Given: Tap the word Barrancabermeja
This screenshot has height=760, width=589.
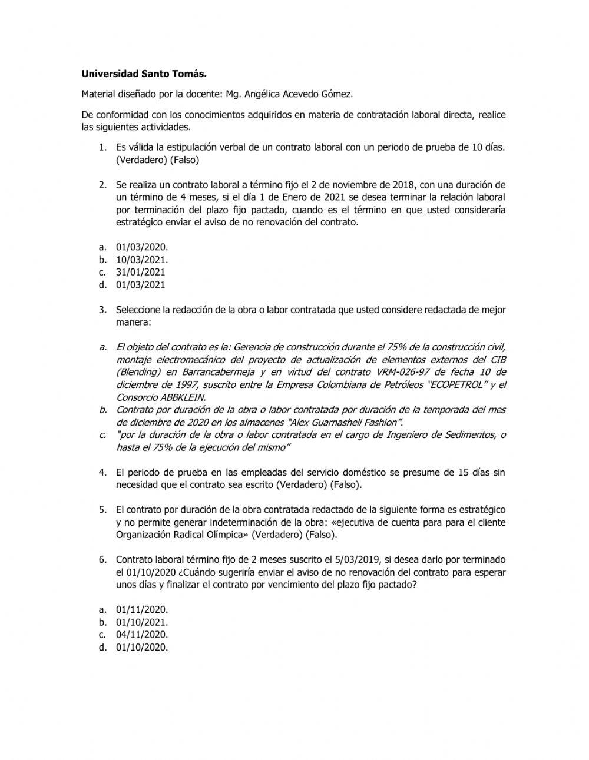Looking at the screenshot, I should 215,372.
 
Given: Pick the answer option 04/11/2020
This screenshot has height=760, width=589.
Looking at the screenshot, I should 141,635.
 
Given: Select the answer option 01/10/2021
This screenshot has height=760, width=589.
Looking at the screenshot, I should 141,622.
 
